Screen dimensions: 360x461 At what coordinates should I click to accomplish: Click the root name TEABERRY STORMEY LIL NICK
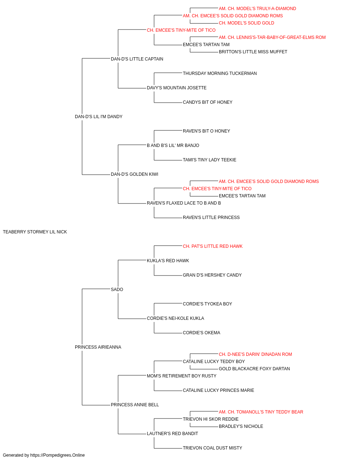pos(35,232)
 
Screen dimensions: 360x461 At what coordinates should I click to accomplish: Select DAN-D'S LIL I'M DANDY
pos(99,117)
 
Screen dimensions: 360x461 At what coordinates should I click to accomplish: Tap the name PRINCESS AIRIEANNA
pos(98,347)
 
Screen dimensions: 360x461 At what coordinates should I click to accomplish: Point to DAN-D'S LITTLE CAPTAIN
pos(137,59)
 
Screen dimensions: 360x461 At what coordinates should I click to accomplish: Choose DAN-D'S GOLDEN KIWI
pos(134,174)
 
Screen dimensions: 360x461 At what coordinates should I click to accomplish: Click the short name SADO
pos(117,289)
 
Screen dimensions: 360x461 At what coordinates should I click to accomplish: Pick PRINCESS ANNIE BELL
pos(135,404)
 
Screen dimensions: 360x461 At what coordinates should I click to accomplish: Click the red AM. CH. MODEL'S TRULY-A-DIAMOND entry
pos(257,9)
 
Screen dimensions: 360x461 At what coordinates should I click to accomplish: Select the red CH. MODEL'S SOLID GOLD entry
pos(246,23)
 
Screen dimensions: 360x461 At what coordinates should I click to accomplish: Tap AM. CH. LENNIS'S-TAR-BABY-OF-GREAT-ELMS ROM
pos(272,37)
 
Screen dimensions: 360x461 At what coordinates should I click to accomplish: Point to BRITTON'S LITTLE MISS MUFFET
pos(253,52)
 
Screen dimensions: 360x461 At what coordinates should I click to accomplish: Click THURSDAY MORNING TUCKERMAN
pos(220,73)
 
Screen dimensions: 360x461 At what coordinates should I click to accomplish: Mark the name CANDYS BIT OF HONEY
pos(208,102)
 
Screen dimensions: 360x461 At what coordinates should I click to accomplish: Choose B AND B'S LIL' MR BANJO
pos(173,145)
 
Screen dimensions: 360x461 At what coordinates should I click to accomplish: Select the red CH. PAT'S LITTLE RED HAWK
pos(213,246)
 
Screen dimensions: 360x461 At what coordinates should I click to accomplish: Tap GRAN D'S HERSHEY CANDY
pos(212,275)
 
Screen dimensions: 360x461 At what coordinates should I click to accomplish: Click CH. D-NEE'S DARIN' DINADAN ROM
pos(255,354)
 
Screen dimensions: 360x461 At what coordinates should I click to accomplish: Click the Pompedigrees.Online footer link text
pos(58,455)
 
